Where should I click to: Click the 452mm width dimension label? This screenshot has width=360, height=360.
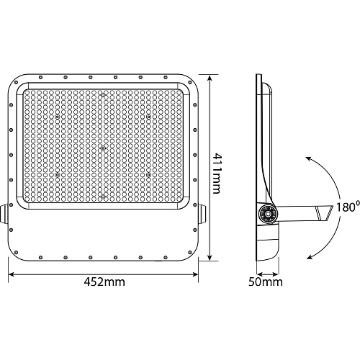104,282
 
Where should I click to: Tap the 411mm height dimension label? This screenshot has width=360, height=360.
217,173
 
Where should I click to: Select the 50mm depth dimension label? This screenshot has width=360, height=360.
266,282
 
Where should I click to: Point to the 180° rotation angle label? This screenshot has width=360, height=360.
348,207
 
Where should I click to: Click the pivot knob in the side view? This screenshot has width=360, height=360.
267,213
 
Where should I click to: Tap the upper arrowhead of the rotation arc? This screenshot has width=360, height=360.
308,158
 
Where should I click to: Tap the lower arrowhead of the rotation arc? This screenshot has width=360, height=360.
310,257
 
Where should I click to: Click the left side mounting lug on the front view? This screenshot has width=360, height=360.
4,214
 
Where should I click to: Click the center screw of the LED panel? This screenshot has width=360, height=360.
103,148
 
